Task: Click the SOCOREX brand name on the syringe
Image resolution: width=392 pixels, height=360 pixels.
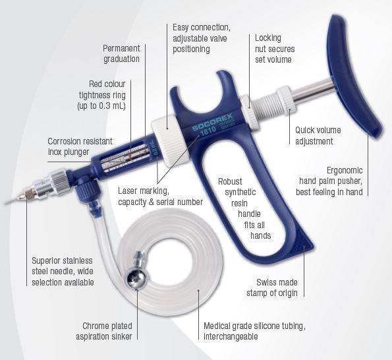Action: click(213, 122)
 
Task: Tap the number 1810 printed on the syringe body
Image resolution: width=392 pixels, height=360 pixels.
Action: click(208, 131)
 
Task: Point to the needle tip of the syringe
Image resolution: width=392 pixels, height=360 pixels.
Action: click(5, 202)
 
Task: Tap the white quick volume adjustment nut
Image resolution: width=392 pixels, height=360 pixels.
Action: click(287, 100)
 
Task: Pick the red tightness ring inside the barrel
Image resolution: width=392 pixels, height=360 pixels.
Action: click(130, 156)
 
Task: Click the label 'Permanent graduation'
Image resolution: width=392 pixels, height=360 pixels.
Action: click(121, 53)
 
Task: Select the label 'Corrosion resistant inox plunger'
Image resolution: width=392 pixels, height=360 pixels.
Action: click(80, 146)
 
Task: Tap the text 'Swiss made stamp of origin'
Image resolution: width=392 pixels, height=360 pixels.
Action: click(272, 287)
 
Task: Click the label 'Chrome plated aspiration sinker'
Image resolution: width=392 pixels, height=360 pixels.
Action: click(104, 331)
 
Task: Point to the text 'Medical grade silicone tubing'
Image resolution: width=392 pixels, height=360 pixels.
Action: click(254, 326)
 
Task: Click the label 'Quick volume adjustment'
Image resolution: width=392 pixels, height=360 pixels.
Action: click(318, 136)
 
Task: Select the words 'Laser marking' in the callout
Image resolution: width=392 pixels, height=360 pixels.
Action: click(144, 191)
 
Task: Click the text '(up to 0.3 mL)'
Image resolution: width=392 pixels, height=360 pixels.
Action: click(101, 105)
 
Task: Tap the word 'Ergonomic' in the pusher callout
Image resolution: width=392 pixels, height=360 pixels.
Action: click(345, 170)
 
